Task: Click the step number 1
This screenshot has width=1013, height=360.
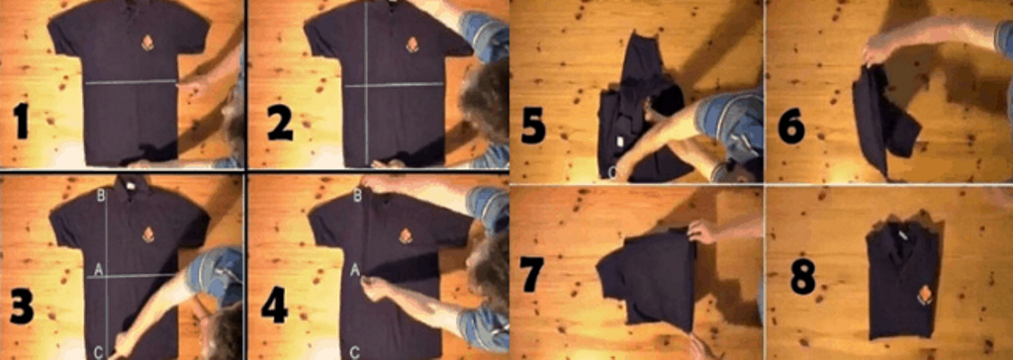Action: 22,123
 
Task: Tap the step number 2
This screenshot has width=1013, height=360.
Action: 280,124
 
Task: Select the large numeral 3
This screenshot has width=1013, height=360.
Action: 22,310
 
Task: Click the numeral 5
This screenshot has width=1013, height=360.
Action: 533,127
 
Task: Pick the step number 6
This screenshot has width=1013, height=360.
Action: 792,127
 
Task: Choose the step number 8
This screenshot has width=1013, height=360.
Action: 804,277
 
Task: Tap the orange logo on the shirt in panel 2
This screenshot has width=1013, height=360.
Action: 412,45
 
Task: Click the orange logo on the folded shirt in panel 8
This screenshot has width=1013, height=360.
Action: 925,295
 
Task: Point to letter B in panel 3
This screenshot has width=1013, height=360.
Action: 101,195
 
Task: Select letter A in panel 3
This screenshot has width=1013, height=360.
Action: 98,271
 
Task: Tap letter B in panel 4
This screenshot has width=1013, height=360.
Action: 356,195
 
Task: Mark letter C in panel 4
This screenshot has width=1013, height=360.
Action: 355,352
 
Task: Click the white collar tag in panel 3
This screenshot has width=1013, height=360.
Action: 130,184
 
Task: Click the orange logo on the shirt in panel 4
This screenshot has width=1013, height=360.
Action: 405,236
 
